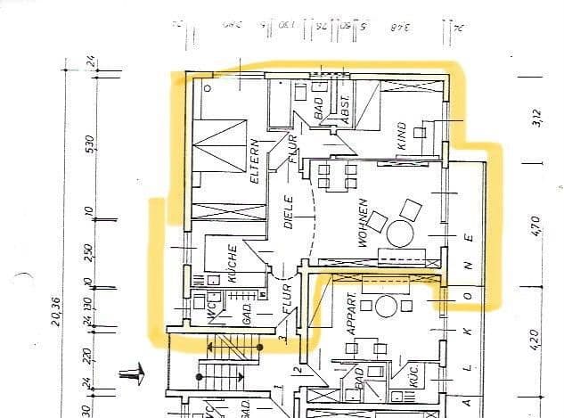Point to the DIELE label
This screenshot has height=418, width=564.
[x=289, y=213]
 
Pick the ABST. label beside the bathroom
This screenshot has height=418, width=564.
[x=341, y=109]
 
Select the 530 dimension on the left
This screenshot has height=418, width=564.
[x=89, y=144]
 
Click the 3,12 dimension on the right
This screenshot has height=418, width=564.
[x=535, y=117]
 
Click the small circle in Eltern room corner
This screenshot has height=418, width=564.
[x=208, y=87]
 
